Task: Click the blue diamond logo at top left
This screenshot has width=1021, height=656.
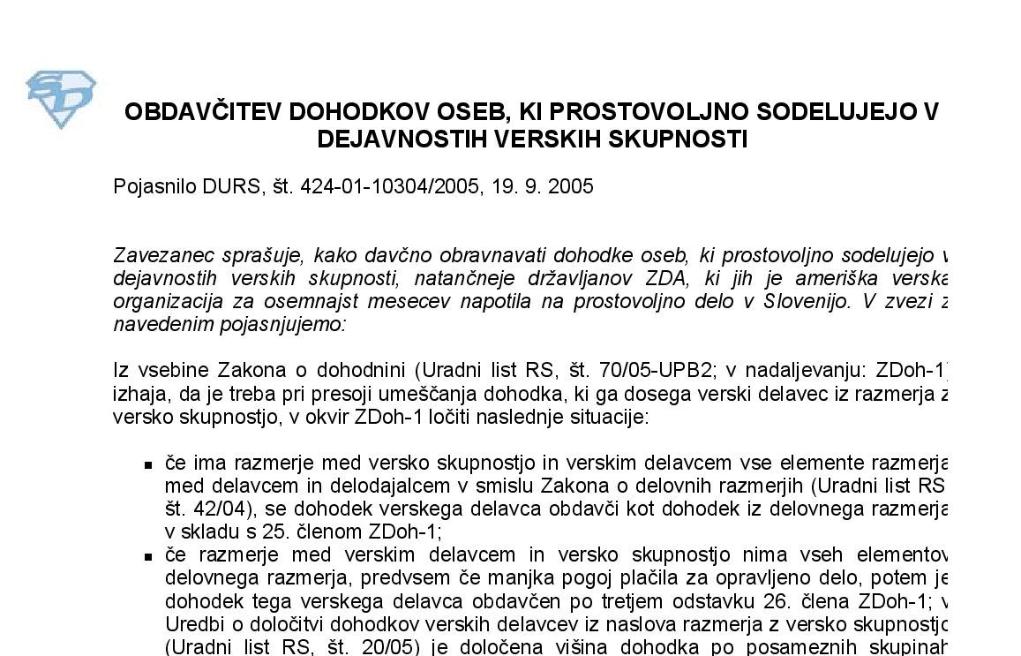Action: pos(61,100)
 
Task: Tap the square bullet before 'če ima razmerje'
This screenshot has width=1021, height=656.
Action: pos(148,464)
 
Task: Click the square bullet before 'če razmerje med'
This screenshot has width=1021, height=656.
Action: pos(148,556)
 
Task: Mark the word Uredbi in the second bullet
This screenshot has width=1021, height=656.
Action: pos(190,625)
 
